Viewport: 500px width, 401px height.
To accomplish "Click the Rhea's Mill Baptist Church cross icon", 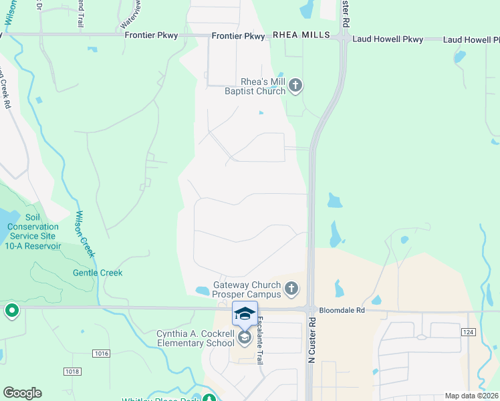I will pyautogui.click(x=296, y=86).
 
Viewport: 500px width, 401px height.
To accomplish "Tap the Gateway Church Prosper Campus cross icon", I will pyautogui.click(x=291, y=289).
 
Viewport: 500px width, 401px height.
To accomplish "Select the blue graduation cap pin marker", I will pyautogui.click(x=245, y=313).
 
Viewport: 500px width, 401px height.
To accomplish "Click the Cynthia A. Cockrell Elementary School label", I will pyautogui.click(x=195, y=339).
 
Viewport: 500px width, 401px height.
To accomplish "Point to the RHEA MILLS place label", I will pyautogui.click(x=301, y=35).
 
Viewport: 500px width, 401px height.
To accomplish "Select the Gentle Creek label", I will pyautogui.click(x=98, y=273).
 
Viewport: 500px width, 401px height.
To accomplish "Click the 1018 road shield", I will pyautogui.click(x=72, y=371).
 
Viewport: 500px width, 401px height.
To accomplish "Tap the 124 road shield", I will pyautogui.click(x=468, y=331).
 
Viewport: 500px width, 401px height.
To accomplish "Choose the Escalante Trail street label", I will pyautogui.click(x=259, y=340).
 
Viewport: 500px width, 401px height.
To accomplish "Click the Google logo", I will pyautogui.click(x=22, y=393).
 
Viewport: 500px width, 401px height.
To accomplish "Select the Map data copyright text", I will pyautogui.click(x=471, y=396).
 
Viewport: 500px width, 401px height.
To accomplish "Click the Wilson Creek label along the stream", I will pyautogui.click(x=84, y=234).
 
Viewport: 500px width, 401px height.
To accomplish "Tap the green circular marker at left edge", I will pyautogui.click(x=11, y=311).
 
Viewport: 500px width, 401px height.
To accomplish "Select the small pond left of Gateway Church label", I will pyautogui.click(x=202, y=291).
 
